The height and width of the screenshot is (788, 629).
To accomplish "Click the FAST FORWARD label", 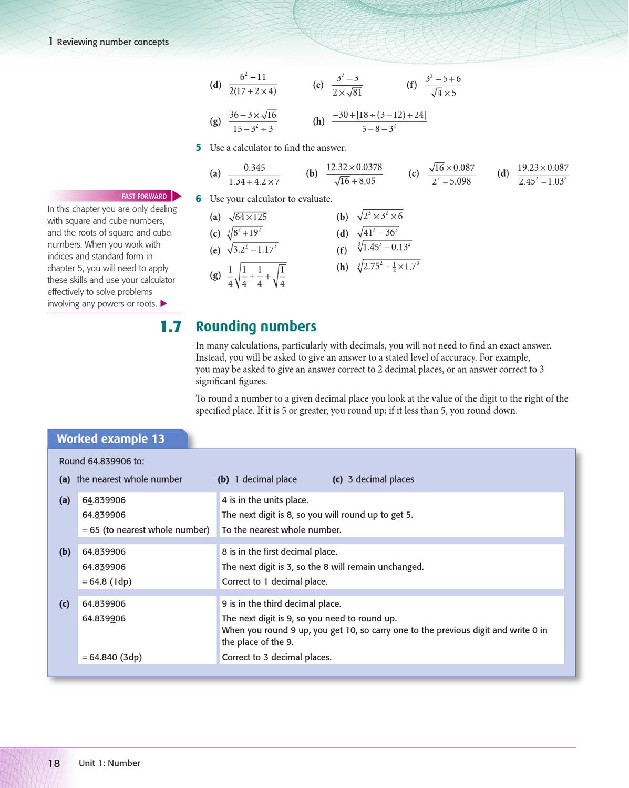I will coord(144,196).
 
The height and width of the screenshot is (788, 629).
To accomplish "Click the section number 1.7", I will coord(171,327).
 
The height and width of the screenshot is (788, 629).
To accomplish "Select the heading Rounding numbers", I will coord(256,326).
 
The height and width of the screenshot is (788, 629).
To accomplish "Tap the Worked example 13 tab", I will coord(111,439).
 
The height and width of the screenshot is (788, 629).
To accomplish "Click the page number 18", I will coord(54,763).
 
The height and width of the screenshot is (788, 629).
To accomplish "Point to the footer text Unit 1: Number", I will coord(109,763).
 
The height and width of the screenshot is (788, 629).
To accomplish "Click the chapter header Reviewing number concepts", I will coord(112,42).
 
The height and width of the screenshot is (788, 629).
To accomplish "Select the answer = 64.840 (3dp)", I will coord(112,657).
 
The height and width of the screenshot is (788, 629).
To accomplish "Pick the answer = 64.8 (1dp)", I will coord(107,581).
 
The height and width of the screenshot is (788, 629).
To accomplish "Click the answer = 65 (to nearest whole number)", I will coord(146,530).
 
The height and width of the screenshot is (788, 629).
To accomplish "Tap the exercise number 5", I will coord(199,148).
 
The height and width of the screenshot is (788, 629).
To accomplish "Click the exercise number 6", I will coord(199,199).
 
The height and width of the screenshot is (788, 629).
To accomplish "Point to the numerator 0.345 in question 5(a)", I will coord(254,168).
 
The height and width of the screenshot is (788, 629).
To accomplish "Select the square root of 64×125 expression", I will coord(248,217).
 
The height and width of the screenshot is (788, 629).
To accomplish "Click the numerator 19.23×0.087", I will coord(543,168).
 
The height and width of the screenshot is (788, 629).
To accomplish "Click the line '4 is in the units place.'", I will coord(265,500).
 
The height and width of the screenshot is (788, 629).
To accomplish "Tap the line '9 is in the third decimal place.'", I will coord(281,603).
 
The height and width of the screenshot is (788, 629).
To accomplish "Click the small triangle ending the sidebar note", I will coord(163,304).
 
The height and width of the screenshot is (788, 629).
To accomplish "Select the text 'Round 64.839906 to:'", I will coord(101,461).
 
